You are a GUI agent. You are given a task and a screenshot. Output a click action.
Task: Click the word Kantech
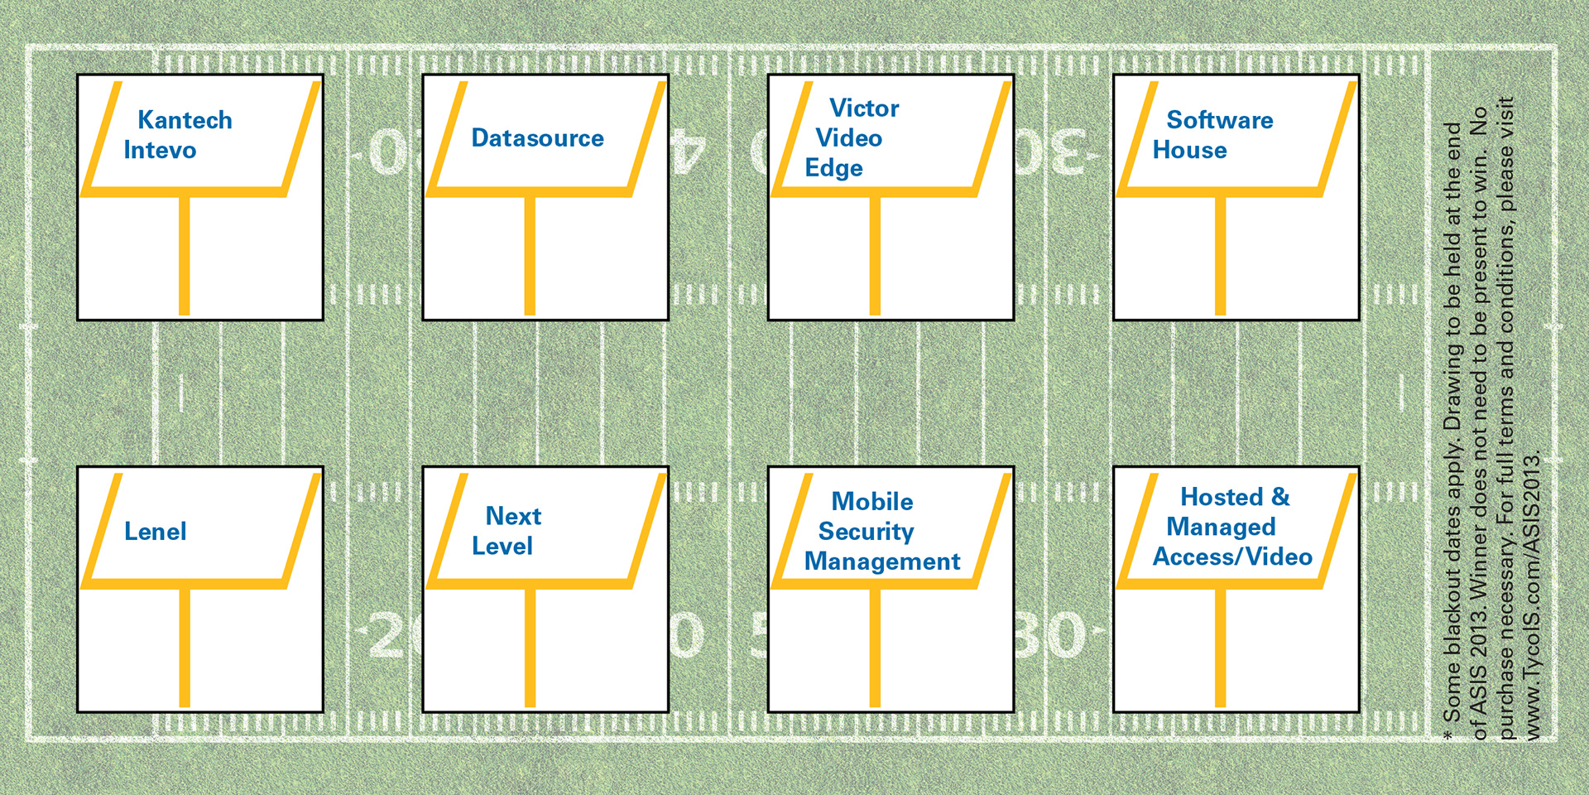coord(185,120)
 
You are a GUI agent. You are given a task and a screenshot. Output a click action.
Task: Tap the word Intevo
coord(160,150)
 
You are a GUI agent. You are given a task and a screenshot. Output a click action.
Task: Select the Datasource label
coord(537,137)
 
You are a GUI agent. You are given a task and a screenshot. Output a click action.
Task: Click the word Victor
coord(864,108)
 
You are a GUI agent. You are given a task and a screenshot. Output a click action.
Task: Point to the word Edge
coord(833,168)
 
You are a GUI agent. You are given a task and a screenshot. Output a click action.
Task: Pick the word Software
coord(1219,120)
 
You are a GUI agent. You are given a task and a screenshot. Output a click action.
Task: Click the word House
coord(1189,150)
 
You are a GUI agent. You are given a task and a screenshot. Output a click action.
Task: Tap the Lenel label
coord(155,531)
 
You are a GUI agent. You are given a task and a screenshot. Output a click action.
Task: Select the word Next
coord(513,516)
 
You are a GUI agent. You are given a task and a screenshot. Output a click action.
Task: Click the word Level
coord(502,546)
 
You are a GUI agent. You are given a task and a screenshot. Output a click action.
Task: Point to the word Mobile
coord(871,501)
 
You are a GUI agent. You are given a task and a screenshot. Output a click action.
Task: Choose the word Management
coord(881,561)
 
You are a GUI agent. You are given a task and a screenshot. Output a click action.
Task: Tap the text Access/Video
coord(1232,556)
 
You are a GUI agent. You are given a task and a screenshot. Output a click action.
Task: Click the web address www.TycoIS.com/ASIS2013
coord(1533,595)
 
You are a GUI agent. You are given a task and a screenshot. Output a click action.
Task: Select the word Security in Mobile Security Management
coord(866,531)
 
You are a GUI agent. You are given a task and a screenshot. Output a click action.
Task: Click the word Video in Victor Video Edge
coord(848,137)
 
